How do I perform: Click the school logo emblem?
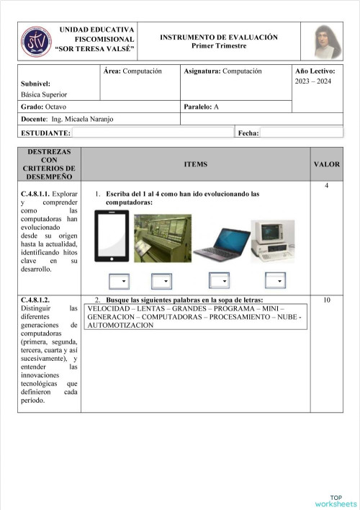pyautogui.click(x=36, y=41)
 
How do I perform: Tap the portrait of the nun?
pyautogui.click(x=328, y=42)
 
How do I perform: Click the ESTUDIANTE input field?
pyautogui.click(x=153, y=133)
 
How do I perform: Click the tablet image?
pyautogui.click(x=112, y=236)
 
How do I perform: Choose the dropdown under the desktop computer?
pyautogui.click(x=275, y=281)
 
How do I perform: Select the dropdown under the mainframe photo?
pyautogui.click(x=161, y=281)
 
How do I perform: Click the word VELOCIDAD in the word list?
pyautogui.click(x=109, y=308)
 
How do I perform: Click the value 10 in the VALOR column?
pyautogui.click(x=327, y=300)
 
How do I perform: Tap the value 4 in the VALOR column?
pyautogui.click(x=327, y=187)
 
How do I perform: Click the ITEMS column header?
pyautogui.click(x=195, y=164)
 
